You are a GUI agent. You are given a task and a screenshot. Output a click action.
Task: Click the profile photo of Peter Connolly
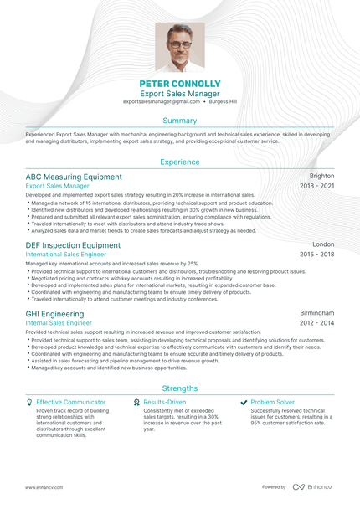coord(180,48)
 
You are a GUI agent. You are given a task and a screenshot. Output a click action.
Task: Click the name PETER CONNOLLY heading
coord(180,85)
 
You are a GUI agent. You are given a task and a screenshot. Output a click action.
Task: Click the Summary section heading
coord(180,121)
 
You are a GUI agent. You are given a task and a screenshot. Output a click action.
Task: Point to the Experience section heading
coord(180,162)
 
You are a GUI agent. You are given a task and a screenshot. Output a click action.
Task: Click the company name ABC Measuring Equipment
coord(74,177)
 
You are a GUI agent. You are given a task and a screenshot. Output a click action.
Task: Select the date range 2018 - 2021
coord(317,186)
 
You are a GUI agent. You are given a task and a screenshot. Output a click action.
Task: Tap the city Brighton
coord(321,177)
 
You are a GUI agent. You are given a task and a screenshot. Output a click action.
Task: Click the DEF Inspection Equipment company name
coord(73,245)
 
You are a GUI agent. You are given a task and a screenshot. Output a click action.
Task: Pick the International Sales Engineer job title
coord(66,254)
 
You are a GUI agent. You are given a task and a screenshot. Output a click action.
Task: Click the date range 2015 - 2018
coord(317,254)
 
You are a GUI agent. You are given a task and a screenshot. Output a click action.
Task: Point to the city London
coord(323,245)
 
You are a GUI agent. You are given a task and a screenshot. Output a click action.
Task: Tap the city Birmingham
coord(317,313)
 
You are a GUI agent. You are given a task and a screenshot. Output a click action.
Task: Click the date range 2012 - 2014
coord(317,322)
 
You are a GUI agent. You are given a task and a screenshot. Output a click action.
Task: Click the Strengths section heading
coord(180,388)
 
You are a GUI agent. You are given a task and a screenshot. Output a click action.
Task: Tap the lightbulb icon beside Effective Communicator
coord(29,403)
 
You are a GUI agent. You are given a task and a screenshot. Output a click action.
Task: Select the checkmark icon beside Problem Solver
coord(244,403)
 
